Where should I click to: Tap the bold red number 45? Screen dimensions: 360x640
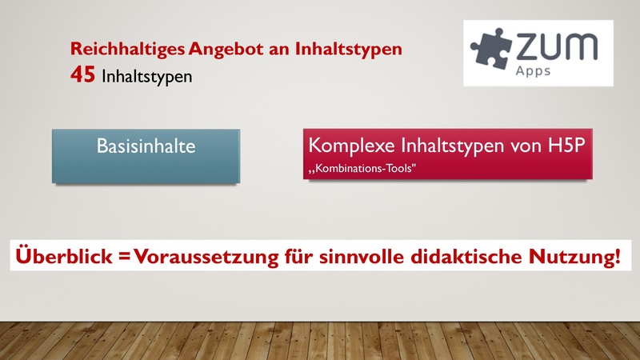[83, 78]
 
